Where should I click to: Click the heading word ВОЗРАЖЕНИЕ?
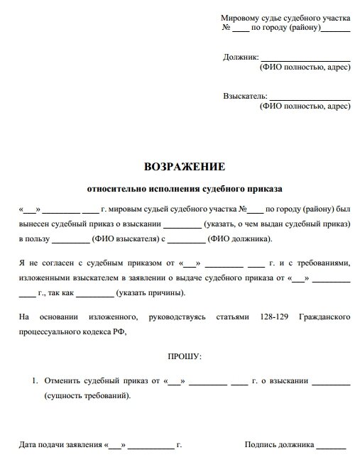pos(184,168)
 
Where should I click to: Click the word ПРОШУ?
pos(185,354)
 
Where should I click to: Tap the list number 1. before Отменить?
pos(35,381)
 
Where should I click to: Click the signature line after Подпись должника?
pos(332,447)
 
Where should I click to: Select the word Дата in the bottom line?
pos(28,446)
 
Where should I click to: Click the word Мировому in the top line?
pos(242,16)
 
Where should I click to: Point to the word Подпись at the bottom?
pos(261,446)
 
